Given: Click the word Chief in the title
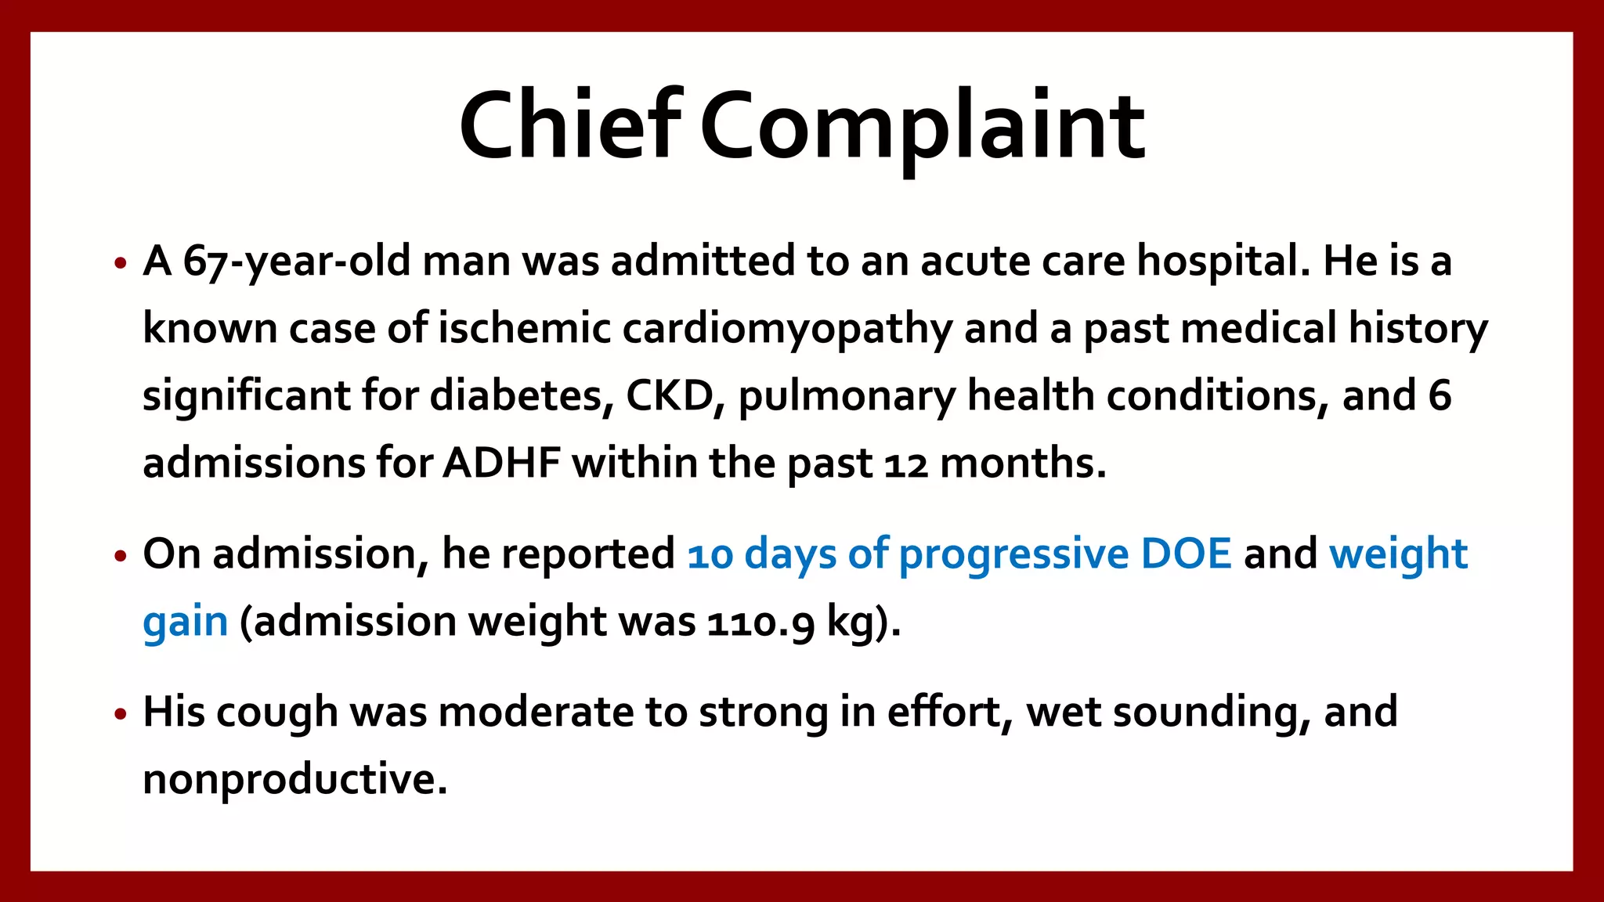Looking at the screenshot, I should coord(569,125).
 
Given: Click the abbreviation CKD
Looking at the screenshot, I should coord(670,395).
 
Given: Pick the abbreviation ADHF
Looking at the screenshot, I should coord(502,463).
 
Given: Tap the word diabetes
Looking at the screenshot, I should coord(521,395).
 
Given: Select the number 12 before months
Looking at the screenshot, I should coord(906,464).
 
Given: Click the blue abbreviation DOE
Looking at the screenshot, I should coord(1186,554).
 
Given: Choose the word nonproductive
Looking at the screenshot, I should coord(294,781).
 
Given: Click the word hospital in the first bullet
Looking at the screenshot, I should coord(1223,262).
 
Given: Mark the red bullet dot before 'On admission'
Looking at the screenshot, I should coord(120,557).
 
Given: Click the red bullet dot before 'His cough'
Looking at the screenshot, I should coord(120,714).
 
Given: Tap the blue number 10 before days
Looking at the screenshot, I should coord(710,555).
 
